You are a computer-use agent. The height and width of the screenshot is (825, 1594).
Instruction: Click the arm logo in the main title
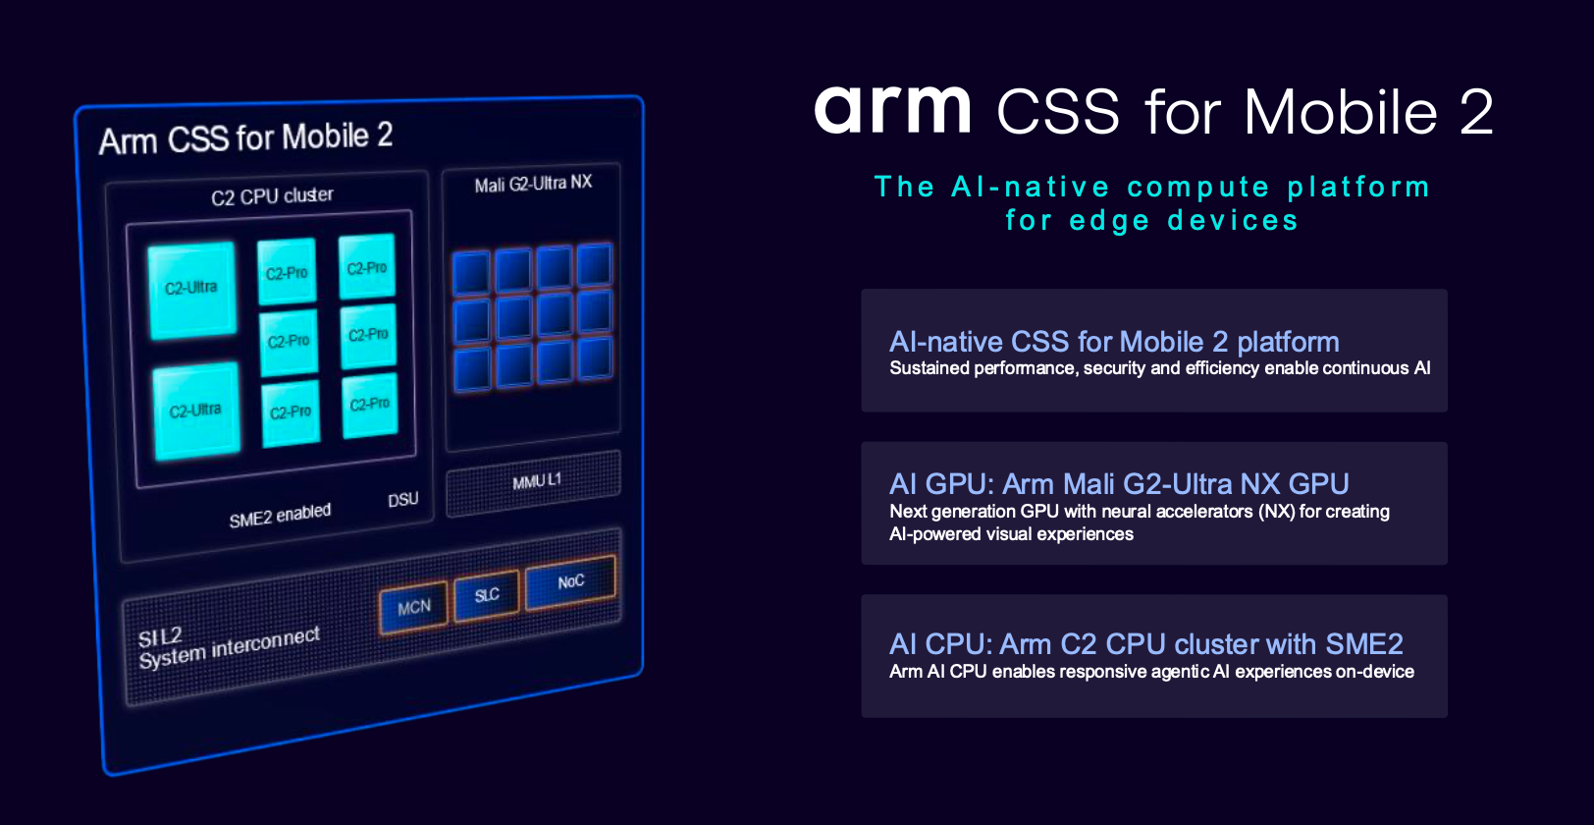892,110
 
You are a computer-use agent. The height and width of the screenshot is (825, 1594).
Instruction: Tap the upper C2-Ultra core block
192,289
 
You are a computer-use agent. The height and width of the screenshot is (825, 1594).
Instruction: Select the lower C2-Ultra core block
196,411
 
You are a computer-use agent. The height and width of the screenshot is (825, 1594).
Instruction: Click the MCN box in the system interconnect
414,607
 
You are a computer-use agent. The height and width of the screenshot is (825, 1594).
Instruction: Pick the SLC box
487,595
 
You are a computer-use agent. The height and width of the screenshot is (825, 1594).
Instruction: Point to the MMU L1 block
534,482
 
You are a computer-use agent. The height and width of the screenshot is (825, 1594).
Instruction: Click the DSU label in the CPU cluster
402,500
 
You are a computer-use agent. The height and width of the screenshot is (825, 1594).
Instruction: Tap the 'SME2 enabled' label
280,516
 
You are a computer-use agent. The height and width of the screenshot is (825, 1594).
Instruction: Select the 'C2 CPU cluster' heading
272,195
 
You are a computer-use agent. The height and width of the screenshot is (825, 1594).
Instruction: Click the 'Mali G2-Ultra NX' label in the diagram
533,184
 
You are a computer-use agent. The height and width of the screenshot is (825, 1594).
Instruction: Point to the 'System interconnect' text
229,648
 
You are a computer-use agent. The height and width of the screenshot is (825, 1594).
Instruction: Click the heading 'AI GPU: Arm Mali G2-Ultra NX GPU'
1119,484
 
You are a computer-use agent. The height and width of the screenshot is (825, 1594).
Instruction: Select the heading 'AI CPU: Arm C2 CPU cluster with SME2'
1145,644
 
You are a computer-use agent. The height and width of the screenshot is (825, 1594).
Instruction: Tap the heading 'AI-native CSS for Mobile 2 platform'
1114,342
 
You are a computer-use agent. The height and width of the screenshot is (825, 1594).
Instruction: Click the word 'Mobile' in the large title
1341,112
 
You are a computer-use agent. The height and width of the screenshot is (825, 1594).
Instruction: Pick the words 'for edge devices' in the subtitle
1152,221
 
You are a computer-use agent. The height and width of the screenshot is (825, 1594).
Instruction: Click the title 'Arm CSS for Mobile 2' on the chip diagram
245,138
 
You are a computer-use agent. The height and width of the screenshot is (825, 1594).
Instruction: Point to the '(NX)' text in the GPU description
1277,512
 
